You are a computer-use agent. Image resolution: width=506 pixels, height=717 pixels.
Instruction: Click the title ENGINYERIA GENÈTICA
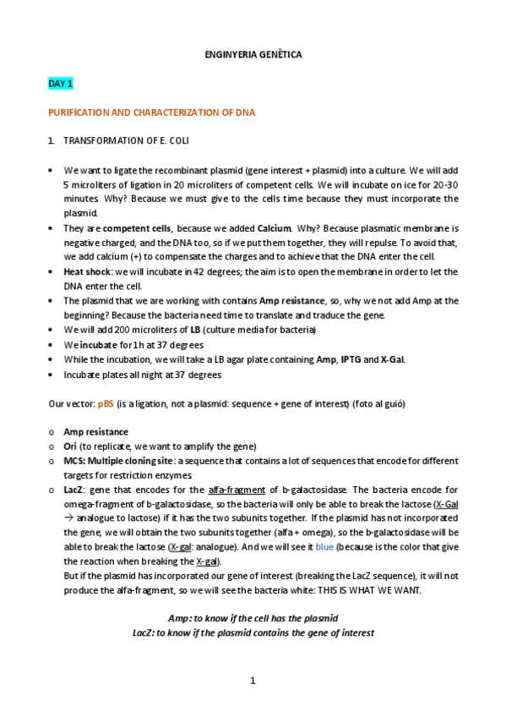tap(253, 54)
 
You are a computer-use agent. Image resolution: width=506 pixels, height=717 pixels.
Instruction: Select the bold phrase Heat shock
tap(87, 271)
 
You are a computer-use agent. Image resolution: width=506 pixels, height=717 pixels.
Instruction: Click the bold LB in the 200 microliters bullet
tap(195, 329)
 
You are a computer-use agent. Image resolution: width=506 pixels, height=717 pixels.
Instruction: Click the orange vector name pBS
tap(105, 402)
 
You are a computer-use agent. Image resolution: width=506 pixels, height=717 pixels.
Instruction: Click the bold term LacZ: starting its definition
tap(75, 490)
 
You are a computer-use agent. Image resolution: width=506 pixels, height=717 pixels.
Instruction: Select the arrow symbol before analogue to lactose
tap(69, 518)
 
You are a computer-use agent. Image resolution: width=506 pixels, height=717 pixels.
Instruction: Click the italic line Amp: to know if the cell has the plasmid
tap(253, 619)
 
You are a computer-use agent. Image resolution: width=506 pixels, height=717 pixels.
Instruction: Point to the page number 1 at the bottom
tap(253, 681)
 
